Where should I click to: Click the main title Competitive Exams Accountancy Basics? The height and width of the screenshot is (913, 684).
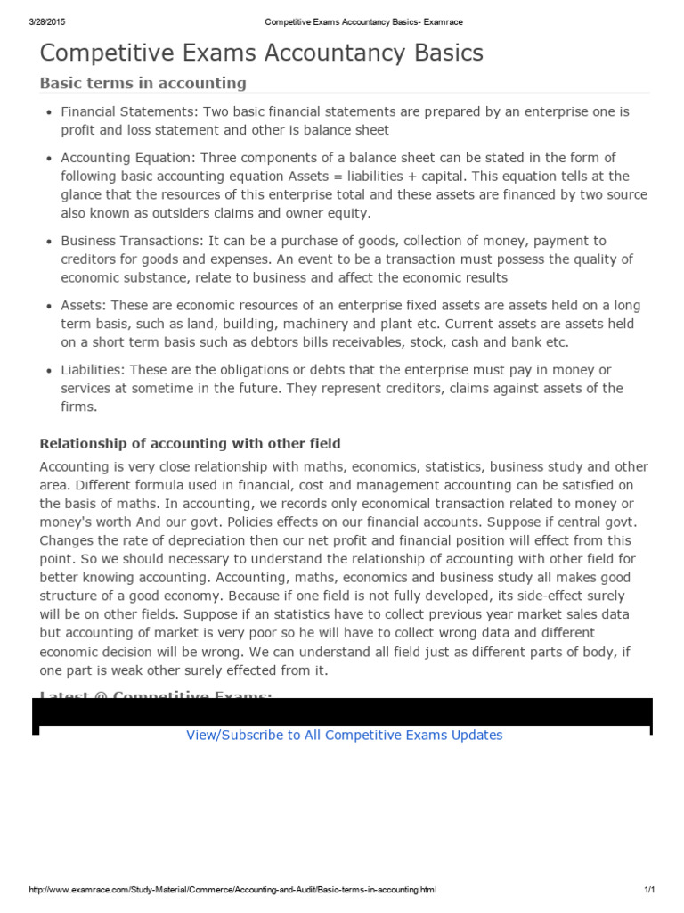pyautogui.click(x=262, y=53)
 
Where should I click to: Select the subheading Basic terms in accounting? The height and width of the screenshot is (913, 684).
pyautogui.click(x=142, y=83)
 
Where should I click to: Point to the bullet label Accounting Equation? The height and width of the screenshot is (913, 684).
pyautogui.click(x=127, y=158)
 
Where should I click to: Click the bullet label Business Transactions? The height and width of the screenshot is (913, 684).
pyautogui.click(x=133, y=241)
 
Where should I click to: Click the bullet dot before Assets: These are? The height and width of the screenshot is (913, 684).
pyautogui.click(x=48, y=306)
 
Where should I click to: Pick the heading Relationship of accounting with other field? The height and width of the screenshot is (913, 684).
pyautogui.click(x=190, y=444)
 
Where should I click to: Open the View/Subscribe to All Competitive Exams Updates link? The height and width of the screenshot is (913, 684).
pyautogui.click(x=344, y=736)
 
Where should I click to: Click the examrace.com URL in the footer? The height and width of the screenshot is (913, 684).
pyautogui.click(x=232, y=890)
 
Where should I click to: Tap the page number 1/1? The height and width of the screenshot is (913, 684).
pyautogui.click(x=648, y=890)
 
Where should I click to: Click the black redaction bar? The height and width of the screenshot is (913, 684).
pyautogui.click(x=342, y=713)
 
